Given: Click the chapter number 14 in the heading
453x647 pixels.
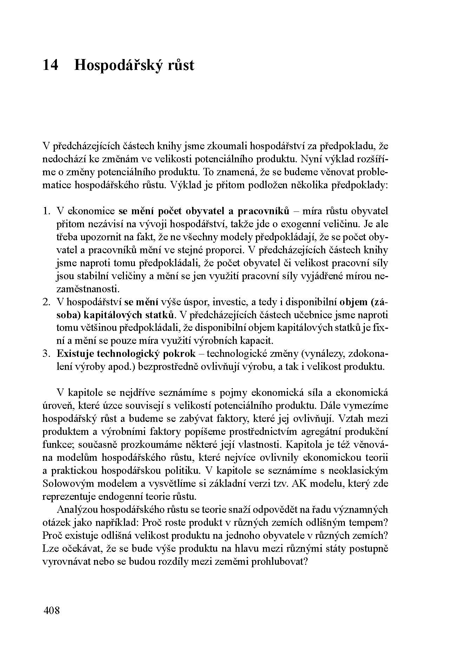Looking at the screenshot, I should (50, 66).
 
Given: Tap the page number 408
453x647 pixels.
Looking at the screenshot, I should (51, 610).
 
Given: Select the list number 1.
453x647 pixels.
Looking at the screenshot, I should (46, 211).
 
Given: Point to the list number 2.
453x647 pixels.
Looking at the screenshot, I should (46, 302).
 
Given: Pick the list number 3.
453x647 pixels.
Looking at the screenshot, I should (46, 354).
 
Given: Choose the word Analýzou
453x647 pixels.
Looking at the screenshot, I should (77, 510).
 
